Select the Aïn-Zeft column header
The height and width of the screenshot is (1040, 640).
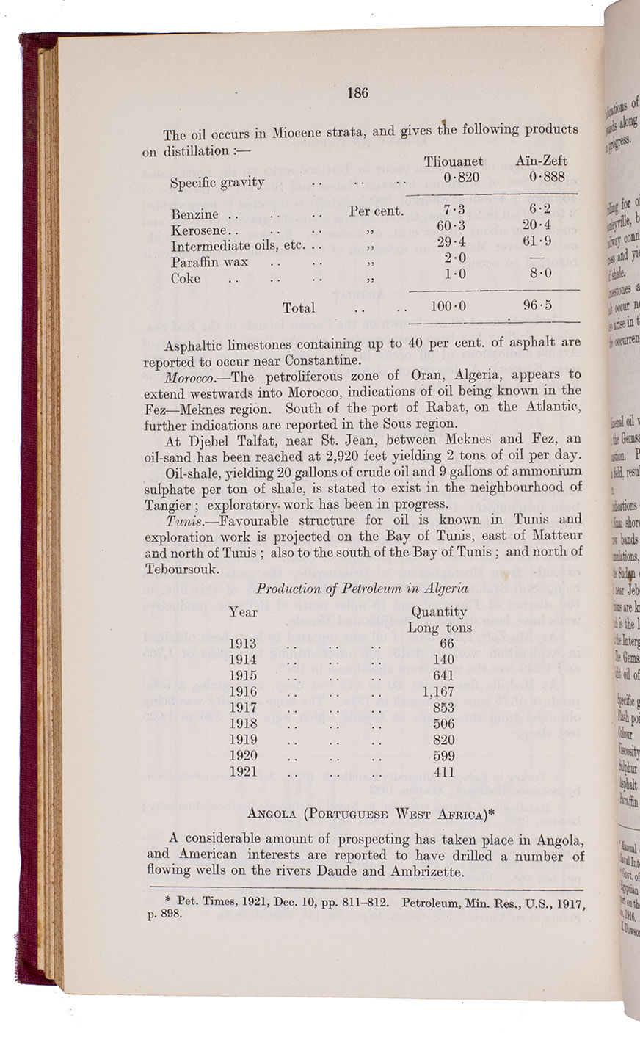[542, 161]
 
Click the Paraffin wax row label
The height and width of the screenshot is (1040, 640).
[209, 262]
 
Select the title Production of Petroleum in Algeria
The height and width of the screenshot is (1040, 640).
[362, 589]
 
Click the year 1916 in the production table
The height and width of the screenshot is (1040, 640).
[243, 691]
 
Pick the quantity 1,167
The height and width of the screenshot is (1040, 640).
[439, 691]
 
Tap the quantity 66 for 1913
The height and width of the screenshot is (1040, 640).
[446, 643]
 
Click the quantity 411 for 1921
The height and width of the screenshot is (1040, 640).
[443, 772]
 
